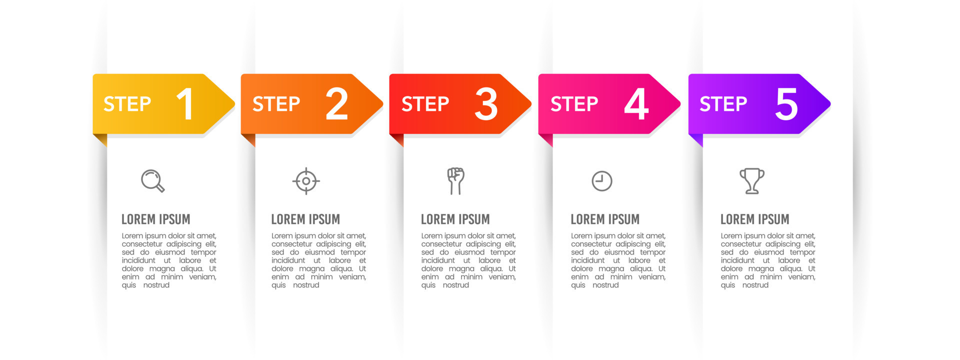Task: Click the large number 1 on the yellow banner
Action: pos(185,104)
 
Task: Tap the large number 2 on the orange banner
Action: pos(336,104)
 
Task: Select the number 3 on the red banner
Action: pos(486,104)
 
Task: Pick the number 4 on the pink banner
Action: pos(636,104)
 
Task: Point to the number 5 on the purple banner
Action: pos(786,104)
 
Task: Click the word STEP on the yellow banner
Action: pos(127,104)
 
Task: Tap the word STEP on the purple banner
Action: pos(723,104)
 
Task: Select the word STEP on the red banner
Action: pos(425,104)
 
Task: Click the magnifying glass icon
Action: pos(152,180)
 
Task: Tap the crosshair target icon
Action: pos(306,181)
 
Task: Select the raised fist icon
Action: pos(455,180)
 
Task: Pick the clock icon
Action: pos(602,181)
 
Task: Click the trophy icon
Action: pos(752,180)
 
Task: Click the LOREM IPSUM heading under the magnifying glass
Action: pos(155,219)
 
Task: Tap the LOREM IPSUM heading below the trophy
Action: pos(754,219)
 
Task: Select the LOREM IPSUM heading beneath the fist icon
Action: pos(455,219)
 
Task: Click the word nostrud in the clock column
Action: pos(605,285)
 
